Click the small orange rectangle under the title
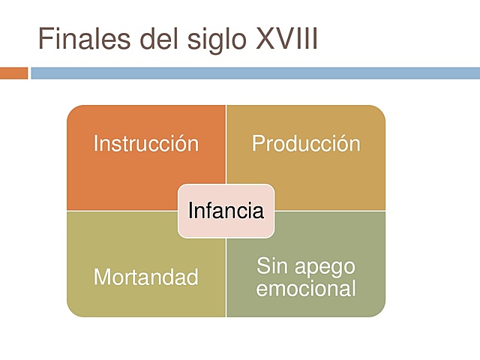[x=13, y=73]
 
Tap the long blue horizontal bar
[x=255, y=73]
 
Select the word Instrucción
[x=146, y=143]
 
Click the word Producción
[x=306, y=143]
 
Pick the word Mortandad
[x=146, y=277]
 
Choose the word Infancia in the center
[x=226, y=211]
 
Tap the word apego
[x=323, y=267]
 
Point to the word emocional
[x=306, y=288]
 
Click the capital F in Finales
[x=45, y=38]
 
